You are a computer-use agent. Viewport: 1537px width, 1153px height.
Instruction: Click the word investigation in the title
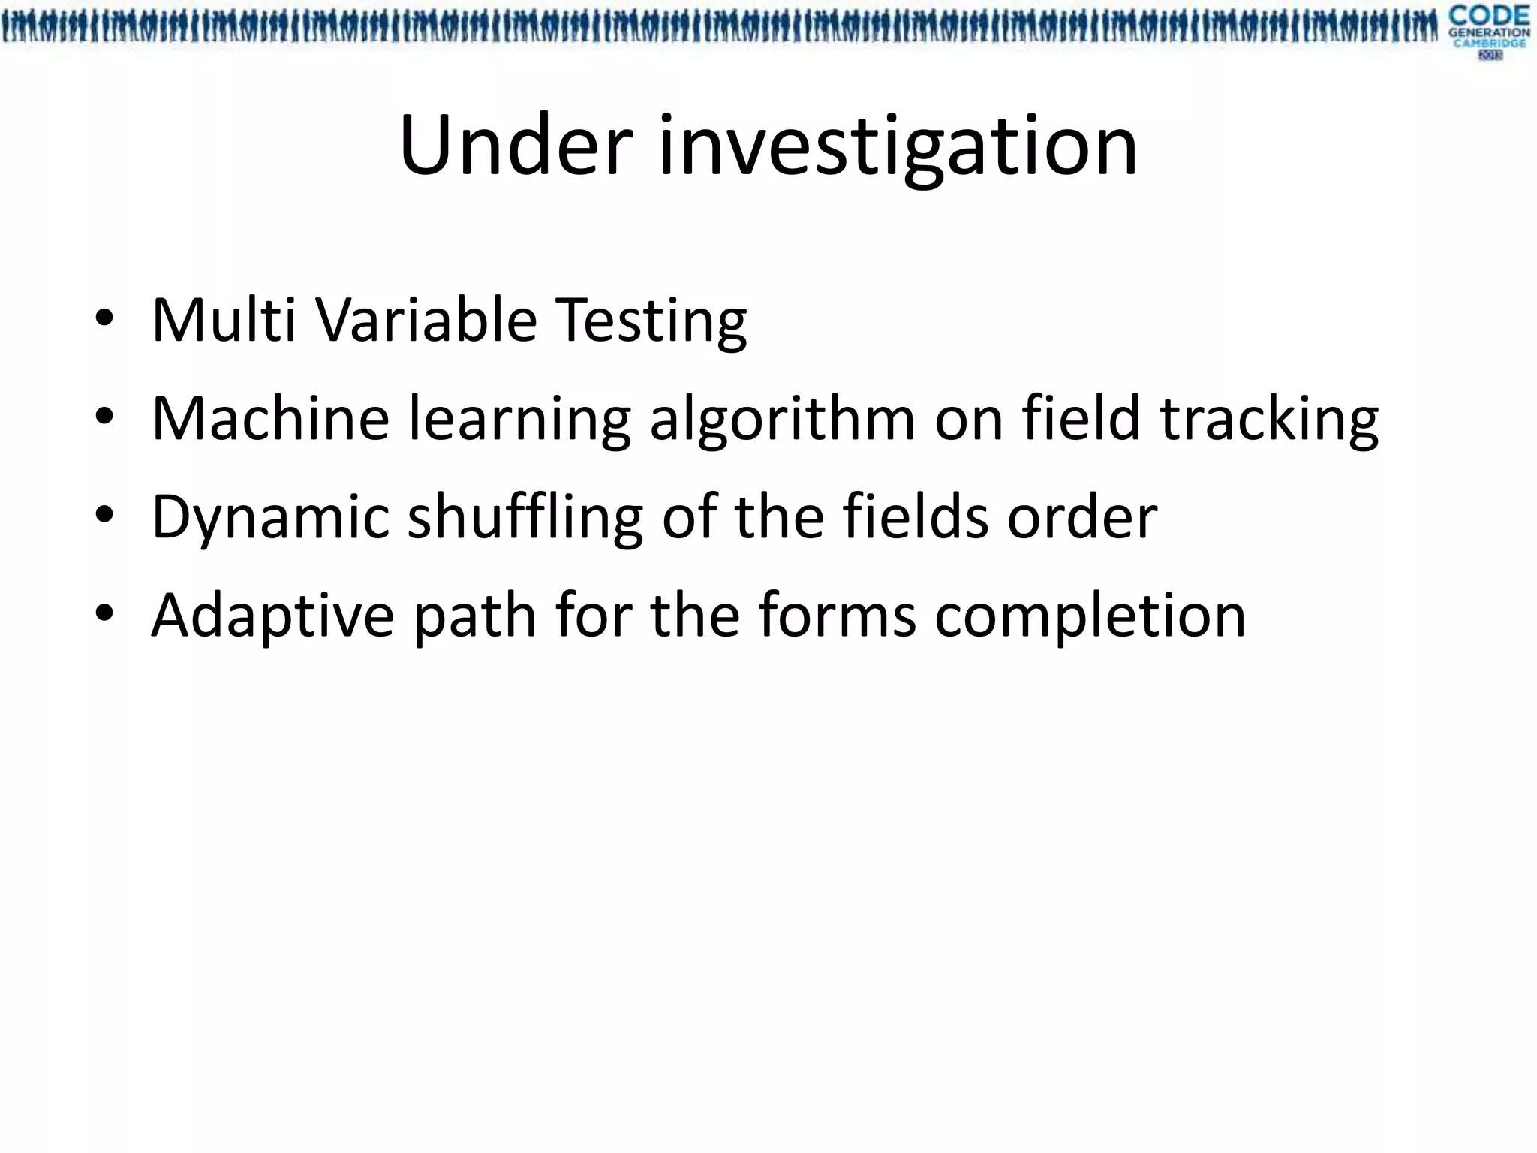(898, 147)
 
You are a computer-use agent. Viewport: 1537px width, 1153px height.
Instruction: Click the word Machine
(270, 418)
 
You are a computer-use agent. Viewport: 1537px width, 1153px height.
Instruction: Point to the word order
(1081, 516)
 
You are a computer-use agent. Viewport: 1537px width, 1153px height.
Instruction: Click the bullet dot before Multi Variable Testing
(104, 318)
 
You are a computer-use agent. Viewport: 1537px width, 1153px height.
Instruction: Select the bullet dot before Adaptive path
(104, 613)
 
